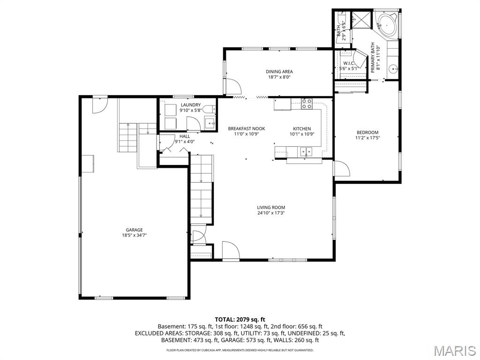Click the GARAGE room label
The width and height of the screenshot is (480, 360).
(135, 230)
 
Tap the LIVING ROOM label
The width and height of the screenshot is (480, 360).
(271, 207)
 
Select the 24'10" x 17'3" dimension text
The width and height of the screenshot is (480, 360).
(271, 213)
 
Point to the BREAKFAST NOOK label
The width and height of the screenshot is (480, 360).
(247, 128)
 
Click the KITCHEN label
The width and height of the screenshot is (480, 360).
(302, 129)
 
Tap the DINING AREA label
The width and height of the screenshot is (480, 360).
(279, 72)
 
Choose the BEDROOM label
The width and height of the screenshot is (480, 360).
(367, 133)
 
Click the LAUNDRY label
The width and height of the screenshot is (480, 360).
(191, 105)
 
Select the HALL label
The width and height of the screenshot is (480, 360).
(185, 136)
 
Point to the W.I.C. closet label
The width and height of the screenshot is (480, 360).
(348, 63)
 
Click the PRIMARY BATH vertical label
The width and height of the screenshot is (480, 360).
(373, 58)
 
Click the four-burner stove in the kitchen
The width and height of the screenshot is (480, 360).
(307, 104)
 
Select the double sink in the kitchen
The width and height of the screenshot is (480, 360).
(306, 151)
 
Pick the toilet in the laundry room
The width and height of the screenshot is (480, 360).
(209, 110)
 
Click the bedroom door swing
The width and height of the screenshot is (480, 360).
(342, 168)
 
